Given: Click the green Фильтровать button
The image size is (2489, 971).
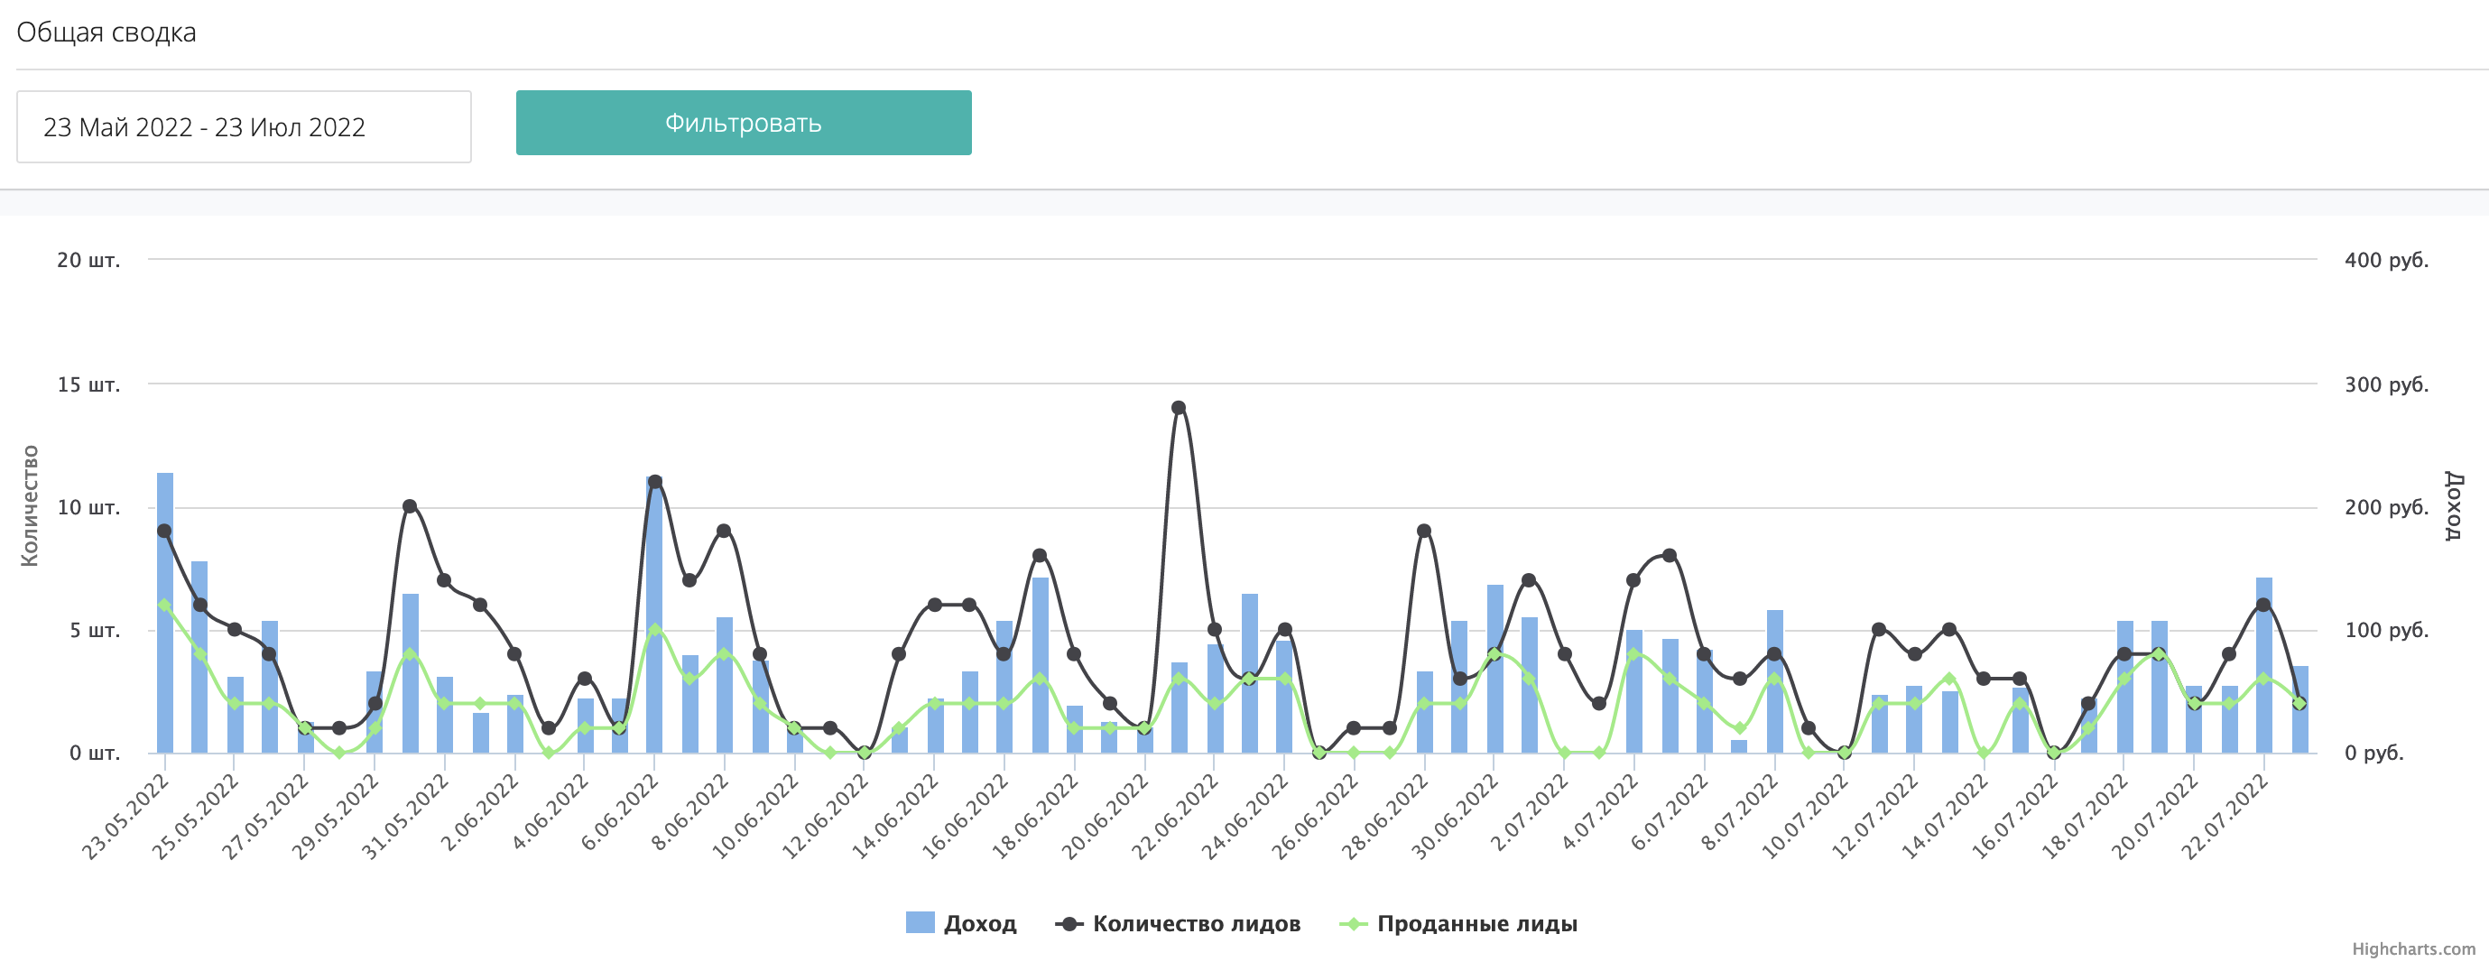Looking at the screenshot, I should [x=743, y=123].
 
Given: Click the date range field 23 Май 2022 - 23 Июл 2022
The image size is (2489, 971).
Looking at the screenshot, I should [x=244, y=126].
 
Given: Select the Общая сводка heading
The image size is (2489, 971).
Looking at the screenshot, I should [x=106, y=32].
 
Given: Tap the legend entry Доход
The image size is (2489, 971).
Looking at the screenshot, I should [x=961, y=924].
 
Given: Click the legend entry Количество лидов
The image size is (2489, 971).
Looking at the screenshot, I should [x=1179, y=924].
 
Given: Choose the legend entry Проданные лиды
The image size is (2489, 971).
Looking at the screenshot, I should [x=1459, y=924].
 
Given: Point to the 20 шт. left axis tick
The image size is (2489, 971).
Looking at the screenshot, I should [x=88, y=260].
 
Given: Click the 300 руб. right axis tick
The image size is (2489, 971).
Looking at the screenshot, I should [x=2385, y=384].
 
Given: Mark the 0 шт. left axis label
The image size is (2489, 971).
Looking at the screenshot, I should [x=94, y=753].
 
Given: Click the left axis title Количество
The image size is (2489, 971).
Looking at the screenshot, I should [x=30, y=505].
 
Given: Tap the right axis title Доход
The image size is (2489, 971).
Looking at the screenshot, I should [x=2453, y=505].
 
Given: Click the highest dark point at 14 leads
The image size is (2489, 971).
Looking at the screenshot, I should [x=1178, y=408].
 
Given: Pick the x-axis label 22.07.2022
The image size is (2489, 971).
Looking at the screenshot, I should [x=2225, y=818].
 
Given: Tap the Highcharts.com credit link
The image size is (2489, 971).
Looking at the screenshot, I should [x=2412, y=948].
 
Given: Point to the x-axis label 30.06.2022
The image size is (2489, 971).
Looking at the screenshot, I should [x=1454, y=818].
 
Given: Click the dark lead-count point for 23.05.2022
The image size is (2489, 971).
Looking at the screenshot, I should [x=164, y=532].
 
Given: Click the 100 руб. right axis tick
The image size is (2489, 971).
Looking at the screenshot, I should [x=2385, y=630].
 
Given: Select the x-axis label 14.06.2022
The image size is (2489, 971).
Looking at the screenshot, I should [x=893, y=818].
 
